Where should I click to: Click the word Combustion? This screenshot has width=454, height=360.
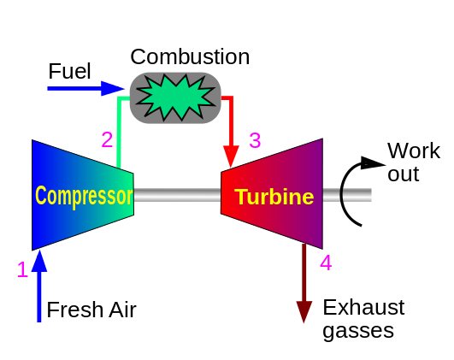(x=190, y=56)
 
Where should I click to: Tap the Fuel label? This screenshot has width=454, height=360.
(x=69, y=71)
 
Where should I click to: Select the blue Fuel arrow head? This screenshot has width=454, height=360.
(x=113, y=88)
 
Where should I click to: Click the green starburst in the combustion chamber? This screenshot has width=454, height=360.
(x=175, y=97)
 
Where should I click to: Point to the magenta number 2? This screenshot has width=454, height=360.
(x=107, y=140)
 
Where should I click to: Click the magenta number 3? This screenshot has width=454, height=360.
(x=255, y=140)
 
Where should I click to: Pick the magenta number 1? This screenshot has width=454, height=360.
(x=22, y=269)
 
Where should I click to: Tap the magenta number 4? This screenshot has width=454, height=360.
(x=326, y=263)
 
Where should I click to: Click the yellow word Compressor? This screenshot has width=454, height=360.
(x=84, y=196)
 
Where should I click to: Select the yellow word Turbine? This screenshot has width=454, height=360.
(x=274, y=197)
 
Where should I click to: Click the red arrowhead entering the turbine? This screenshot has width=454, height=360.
(x=231, y=156)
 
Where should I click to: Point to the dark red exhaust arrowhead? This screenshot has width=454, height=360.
(x=304, y=312)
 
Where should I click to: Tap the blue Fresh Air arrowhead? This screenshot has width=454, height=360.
(x=39, y=262)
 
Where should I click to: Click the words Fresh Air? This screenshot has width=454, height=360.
(x=91, y=310)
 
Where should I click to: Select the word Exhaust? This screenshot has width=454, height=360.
(x=363, y=307)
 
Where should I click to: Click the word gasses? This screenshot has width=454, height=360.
(x=358, y=331)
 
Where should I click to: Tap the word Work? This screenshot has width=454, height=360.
(x=414, y=150)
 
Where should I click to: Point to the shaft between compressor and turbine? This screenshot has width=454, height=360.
(x=177, y=195)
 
